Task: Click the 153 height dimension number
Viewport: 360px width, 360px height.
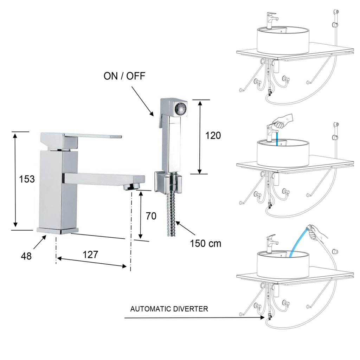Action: coord(27,179)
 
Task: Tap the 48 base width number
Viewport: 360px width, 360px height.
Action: coord(26,256)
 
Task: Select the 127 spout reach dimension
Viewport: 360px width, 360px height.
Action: coord(90,255)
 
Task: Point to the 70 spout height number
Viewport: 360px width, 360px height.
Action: coord(151,216)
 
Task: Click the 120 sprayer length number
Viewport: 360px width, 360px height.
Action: coord(213,135)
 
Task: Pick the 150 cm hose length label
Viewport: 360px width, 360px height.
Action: coord(205,244)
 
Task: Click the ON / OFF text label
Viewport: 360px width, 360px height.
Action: coord(124,76)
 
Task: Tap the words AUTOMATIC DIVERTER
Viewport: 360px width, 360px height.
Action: coord(169,309)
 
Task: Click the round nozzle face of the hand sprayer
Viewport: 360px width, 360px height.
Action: coord(181,109)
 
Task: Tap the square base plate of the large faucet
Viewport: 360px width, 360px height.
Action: coord(58,231)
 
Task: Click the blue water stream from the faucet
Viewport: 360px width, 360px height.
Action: coord(277,138)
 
